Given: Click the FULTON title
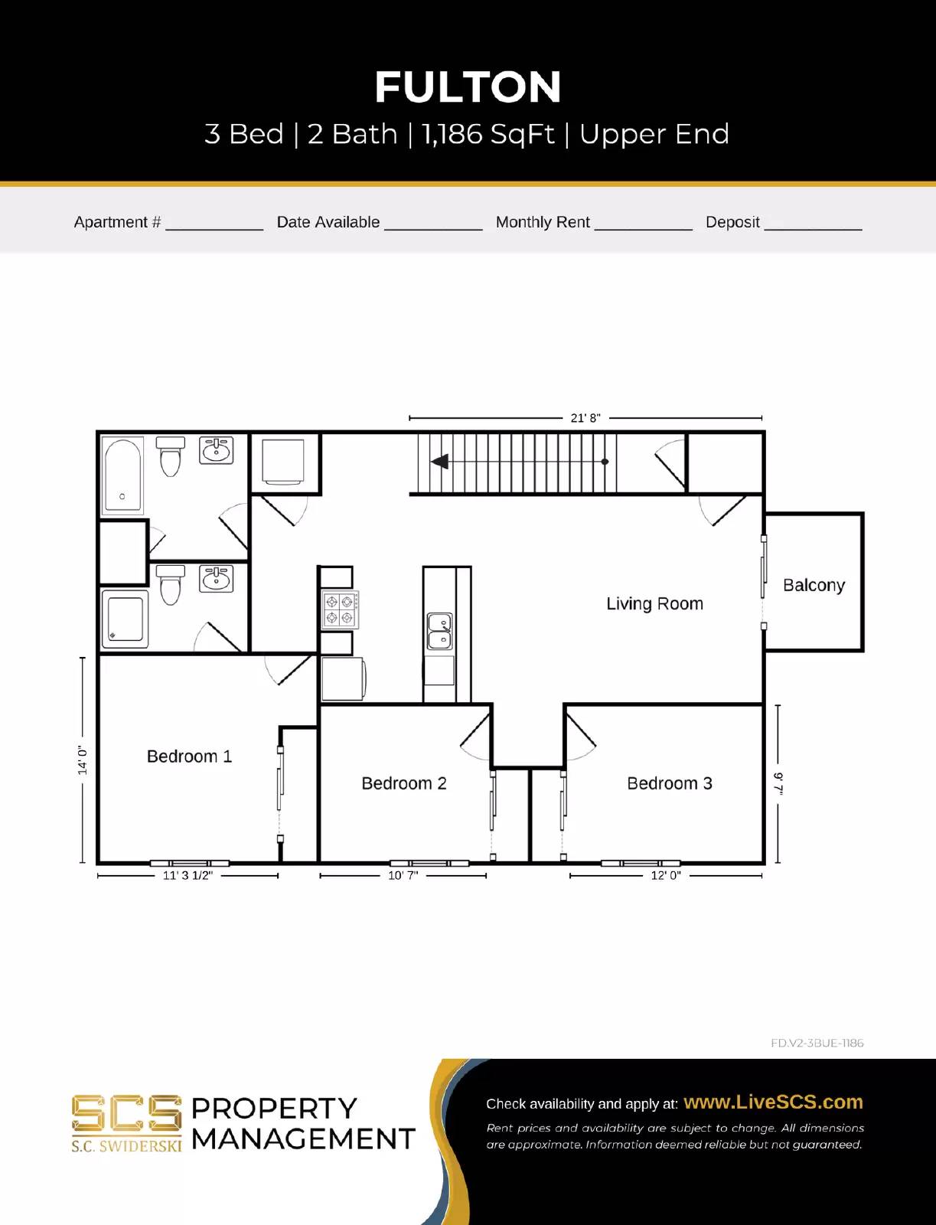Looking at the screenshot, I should tap(468, 87).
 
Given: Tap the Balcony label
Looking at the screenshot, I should tap(814, 585).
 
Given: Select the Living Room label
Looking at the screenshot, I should tap(654, 603).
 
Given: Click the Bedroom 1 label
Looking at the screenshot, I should tap(189, 756).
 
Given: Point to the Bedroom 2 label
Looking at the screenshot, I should tap(403, 783).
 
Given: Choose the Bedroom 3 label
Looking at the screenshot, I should tap(669, 783).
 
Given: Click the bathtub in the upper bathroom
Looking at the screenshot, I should tap(122, 475).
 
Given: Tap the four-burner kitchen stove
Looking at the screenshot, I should tap(339, 610).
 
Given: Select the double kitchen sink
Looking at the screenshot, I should tap(439, 631).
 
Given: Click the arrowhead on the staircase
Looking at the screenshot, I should tap(440, 462).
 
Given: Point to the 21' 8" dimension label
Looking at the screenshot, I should tap(585, 418).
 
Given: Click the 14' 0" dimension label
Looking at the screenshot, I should tap(83, 760).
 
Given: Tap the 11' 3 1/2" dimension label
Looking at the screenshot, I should tap(188, 875).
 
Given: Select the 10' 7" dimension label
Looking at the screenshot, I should tap(403, 875).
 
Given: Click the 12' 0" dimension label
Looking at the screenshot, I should tap(665, 875).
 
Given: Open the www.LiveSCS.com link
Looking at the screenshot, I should tap(773, 1102).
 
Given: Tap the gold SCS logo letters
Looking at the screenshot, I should tap(126, 1113).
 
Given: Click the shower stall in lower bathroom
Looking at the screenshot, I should tap(125, 619).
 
